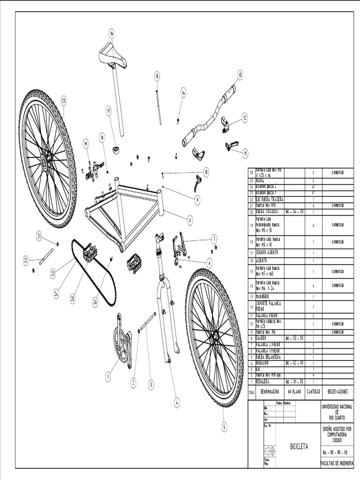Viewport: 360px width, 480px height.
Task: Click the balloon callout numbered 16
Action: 112,33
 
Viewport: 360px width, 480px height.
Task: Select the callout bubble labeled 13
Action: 240,74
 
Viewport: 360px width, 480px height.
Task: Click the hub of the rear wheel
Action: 45,162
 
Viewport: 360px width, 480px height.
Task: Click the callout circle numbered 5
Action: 224,427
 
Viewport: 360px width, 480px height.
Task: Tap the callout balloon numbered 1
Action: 108,375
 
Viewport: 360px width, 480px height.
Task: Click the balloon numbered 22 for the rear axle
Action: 26,258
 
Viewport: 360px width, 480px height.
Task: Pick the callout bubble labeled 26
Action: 95,303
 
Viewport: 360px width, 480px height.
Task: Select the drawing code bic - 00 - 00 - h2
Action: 335,452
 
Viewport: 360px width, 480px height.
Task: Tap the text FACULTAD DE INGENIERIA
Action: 337,463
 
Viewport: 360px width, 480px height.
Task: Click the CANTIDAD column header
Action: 314,391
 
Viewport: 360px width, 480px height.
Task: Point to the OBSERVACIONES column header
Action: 337,391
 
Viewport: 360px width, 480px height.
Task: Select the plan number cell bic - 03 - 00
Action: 295,337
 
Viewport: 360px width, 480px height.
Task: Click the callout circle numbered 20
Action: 63,100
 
